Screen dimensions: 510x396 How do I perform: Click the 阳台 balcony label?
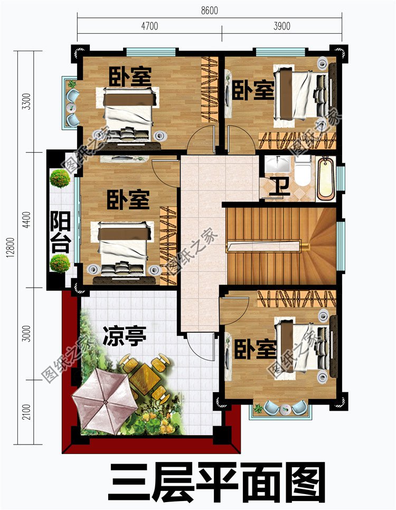(61, 233)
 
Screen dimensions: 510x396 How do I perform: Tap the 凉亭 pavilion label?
(124, 336)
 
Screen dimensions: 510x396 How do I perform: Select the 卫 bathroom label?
(278, 187)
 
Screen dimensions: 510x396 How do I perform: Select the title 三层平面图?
(216, 481)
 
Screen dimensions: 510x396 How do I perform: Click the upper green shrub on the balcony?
(60, 178)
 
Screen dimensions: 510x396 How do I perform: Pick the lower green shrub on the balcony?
(60, 262)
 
